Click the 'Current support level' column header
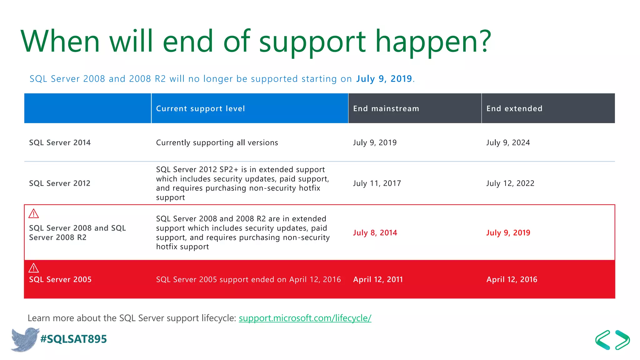pos(200,108)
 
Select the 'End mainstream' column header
pos(386,108)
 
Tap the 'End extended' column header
pos(514,108)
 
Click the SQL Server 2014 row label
pos(60,142)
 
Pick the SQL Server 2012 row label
pos(60,183)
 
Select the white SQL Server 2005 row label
pos(60,279)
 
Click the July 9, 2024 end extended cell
pos(508,142)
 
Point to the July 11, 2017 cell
pos(377,183)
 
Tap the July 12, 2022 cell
pos(510,183)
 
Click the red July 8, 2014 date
pos(375,233)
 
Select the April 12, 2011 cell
pos(378,279)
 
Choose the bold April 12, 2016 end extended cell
pos(512,279)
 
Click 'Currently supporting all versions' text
pos(217,142)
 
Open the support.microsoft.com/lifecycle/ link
pos(305,318)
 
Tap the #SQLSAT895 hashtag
pos(74,339)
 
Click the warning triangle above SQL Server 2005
pos(33,268)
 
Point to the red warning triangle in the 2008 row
pos(33,214)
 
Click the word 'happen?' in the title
pos(433,41)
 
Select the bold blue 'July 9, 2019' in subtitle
pos(384,79)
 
